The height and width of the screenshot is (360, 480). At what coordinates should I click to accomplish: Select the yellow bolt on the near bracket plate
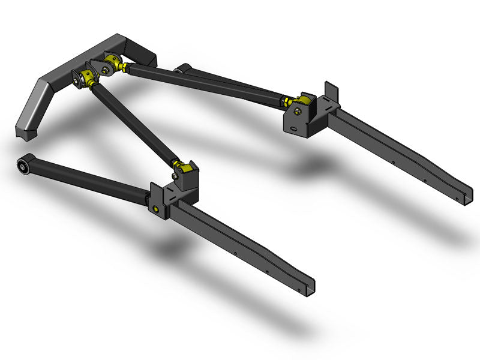coord(156,208)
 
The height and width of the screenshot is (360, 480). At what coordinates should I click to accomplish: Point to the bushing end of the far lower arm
coord(182,70)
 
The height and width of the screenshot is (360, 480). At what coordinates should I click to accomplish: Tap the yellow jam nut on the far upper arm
coord(287,100)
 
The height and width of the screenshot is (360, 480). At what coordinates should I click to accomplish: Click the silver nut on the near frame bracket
coord(175,176)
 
